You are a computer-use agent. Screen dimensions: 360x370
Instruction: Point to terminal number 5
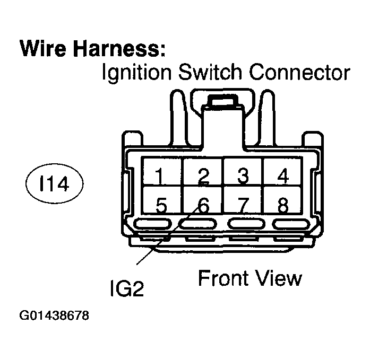click(162, 204)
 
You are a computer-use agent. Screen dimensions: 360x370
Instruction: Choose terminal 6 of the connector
click(202, 204)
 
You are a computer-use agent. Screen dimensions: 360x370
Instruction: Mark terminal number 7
click(243, 204)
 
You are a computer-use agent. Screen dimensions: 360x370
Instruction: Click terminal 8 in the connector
click(283, 204)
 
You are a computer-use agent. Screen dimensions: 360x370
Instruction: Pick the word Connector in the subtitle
click(301, 73)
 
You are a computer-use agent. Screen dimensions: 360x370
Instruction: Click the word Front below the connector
click(222, 278)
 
